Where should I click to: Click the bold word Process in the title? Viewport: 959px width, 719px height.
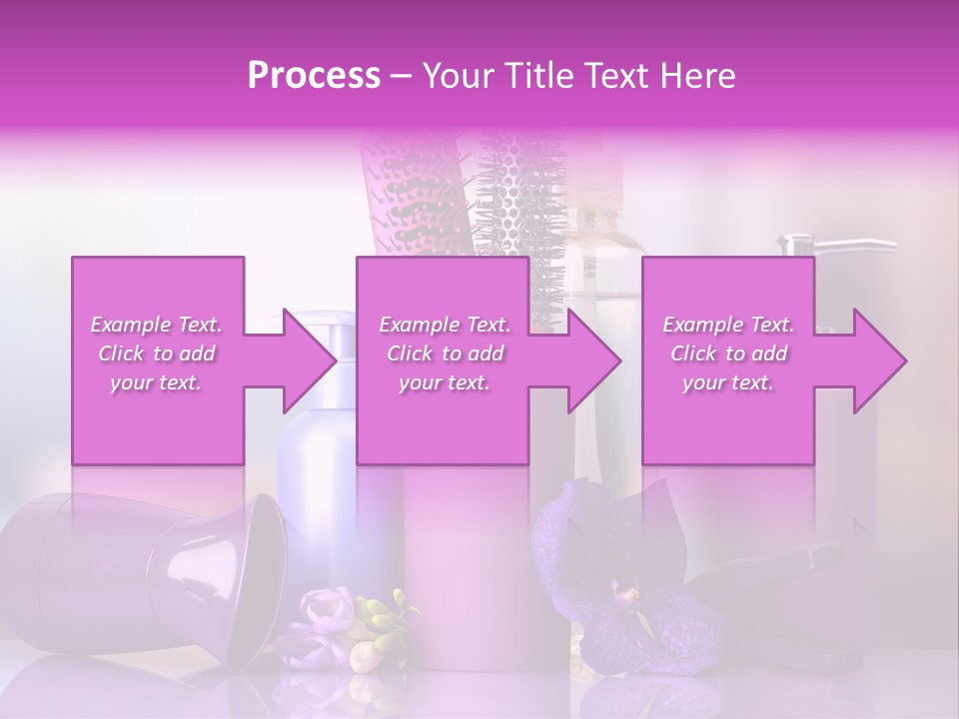pos(315,76)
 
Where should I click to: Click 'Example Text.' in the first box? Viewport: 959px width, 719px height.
pos(156,325)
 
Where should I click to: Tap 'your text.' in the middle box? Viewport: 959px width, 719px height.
pos(445,383)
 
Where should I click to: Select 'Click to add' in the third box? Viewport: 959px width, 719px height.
pos(728,354)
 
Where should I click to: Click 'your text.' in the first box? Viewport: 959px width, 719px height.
pos(156,383)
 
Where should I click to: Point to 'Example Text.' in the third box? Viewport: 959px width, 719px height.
pos(728,325)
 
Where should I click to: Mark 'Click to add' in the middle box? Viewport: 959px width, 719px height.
pos(445,354)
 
